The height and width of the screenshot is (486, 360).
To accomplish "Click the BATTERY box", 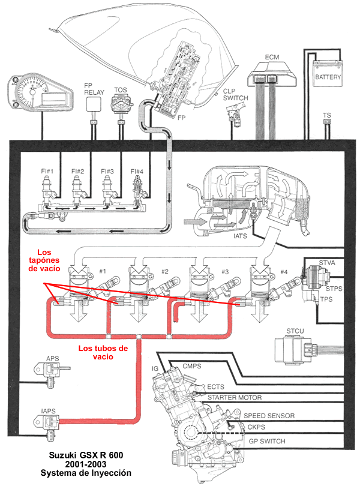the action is pyautogui.click(x=328, y=73).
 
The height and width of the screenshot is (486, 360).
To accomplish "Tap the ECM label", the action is pyautogui.click(x=272, y=57).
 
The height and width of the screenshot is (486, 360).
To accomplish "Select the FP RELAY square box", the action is pyautogui.click(x=93, y=104).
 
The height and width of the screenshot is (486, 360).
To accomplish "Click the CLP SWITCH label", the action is pyautogui.click(x=235, y=95).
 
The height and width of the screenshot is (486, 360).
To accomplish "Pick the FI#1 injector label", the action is pyautogui.click(x=47, y=171).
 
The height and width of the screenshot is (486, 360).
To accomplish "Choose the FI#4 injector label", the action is pyautogui.click(x=137, y=171).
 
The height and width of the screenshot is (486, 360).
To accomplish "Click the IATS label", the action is pyautogui.click(x=240, y=236).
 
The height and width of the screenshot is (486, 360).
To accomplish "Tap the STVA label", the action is pyautogui.click(x=327, y=263).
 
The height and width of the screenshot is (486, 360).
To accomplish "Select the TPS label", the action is pyautogui.click(x=326, y=299).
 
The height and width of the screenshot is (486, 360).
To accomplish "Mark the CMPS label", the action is pyautogui.click(x=191, y=366).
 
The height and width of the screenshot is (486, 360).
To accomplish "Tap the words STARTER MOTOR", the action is pyautogui.click(x=235, y=397).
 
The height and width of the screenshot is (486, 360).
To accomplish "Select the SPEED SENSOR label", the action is pyautogui.click(x=269, y=416).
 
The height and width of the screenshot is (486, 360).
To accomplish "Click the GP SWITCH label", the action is pyautogui.click(x=267, y=441).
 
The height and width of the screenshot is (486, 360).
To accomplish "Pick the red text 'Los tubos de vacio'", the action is pyautogui.click(x=103, y=352).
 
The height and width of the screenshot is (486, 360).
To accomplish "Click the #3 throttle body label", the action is pyautogui.click(x=225, y=272).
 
